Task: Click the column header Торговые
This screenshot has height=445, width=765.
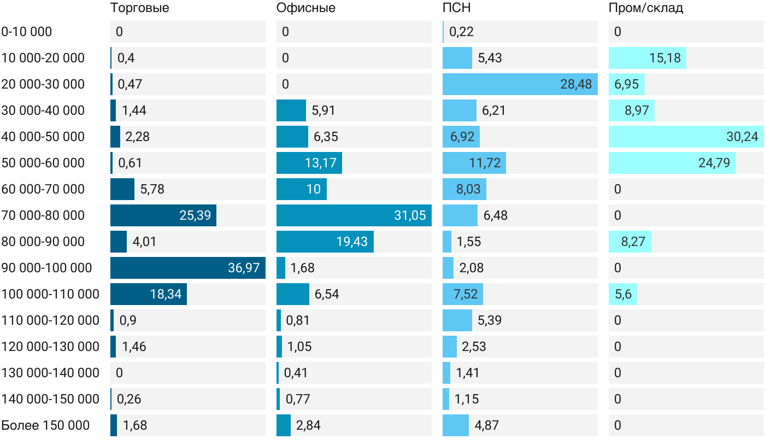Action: (139, 8)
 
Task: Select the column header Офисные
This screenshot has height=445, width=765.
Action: (305, 8)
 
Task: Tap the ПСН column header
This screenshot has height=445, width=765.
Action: (457, 8)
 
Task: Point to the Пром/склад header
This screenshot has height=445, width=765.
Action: (646, 8)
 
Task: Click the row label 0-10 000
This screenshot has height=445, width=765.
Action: (27, 32)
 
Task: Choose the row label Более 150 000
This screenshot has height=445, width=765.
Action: (45, 425)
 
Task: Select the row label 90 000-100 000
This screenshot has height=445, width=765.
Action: (46, 268)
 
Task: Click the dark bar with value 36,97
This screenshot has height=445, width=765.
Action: (188, 268)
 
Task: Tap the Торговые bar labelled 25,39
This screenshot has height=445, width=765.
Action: (163, 215)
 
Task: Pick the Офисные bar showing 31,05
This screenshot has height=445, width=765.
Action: (354, 215)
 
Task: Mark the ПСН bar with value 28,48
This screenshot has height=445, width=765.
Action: (520, 84)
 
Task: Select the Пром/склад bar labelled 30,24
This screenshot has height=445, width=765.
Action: (686, 137)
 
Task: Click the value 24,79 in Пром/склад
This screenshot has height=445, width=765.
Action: (714, 163)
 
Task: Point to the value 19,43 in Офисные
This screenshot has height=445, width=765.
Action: (352, 242)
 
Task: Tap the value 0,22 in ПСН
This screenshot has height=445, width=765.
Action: (461, 32)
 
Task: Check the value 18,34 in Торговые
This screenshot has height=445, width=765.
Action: (166, 294)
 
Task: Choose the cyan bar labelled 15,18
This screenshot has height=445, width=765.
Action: (648, 58)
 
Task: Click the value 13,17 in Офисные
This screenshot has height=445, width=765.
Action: (321, 163)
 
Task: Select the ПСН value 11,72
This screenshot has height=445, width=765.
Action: (485, 163)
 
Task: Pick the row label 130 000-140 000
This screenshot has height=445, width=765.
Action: (50, 373)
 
